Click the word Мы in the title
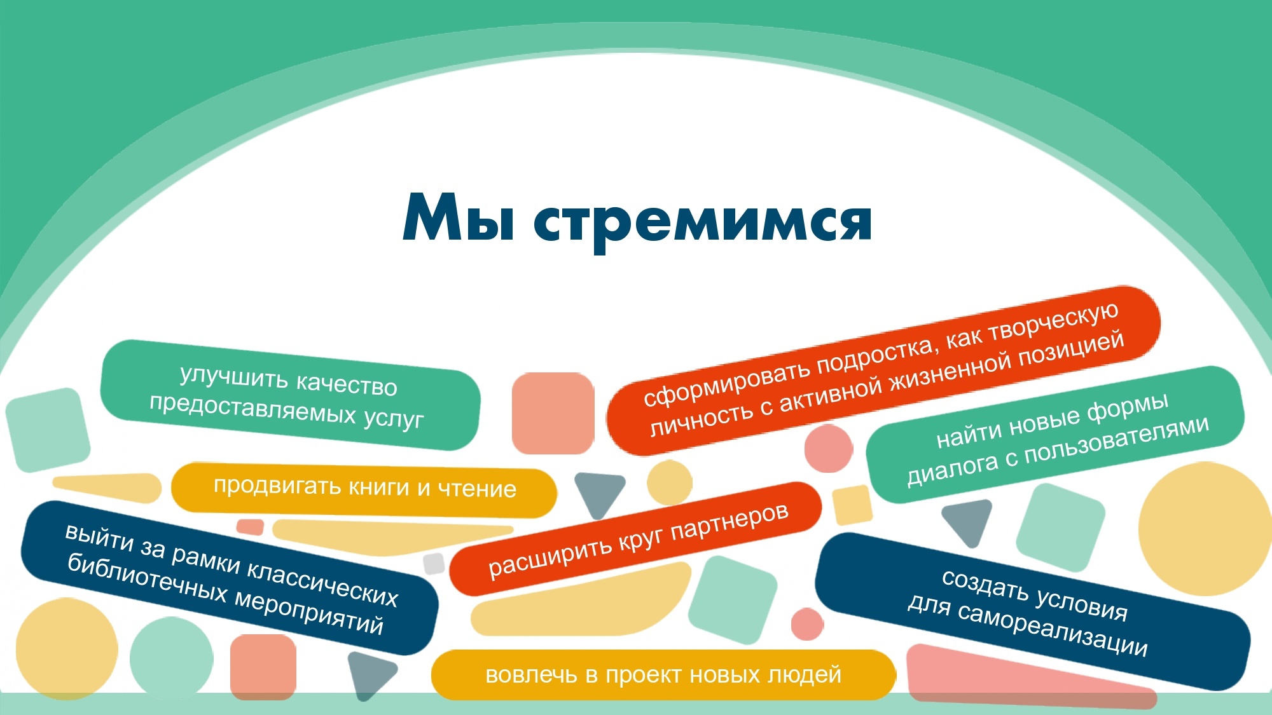[x=458, y=217]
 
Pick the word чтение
[x=477, y=489]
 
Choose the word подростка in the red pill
[x=875, y=357]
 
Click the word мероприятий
[x=309, y=614]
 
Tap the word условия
[x=1081, y=603]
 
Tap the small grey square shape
[x=434, y=563]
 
